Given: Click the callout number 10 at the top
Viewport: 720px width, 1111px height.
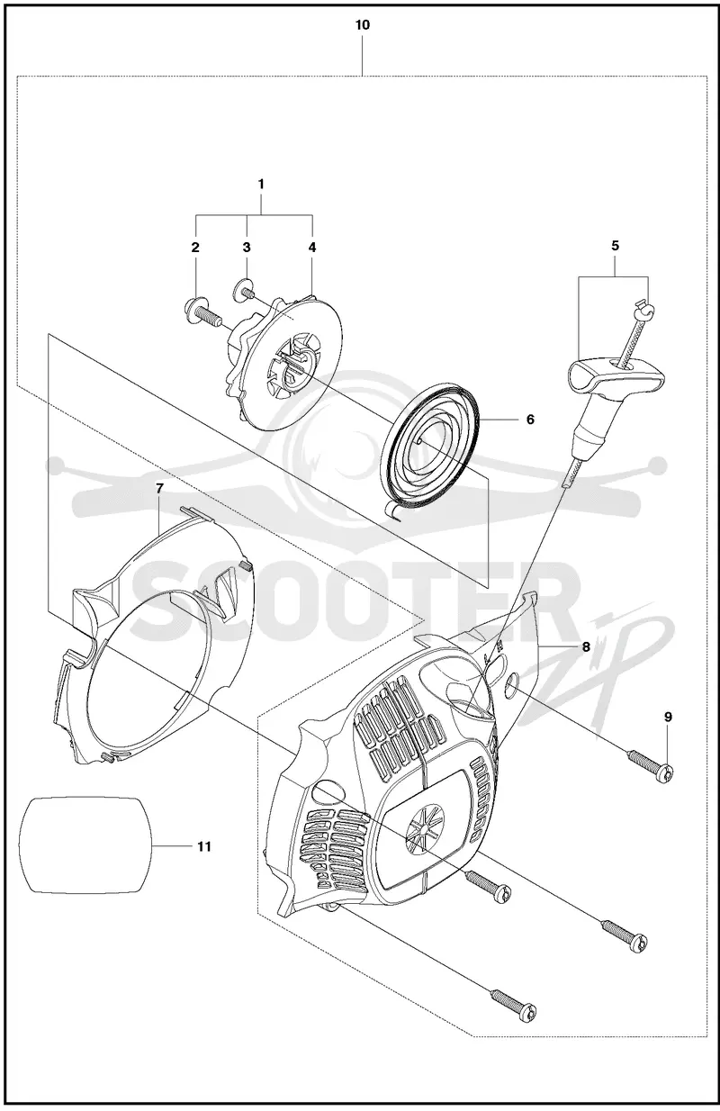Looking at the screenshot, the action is [363, 25].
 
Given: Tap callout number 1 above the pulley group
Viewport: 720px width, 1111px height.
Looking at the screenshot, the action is [261, 184].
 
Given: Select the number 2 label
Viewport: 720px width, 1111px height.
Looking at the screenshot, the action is [195, 247].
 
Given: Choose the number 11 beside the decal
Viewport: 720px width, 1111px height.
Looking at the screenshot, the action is [203, 846].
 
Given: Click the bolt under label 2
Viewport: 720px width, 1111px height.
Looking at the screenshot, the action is [202, 310].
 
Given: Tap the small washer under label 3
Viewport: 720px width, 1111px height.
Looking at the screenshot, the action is [241, 290].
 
